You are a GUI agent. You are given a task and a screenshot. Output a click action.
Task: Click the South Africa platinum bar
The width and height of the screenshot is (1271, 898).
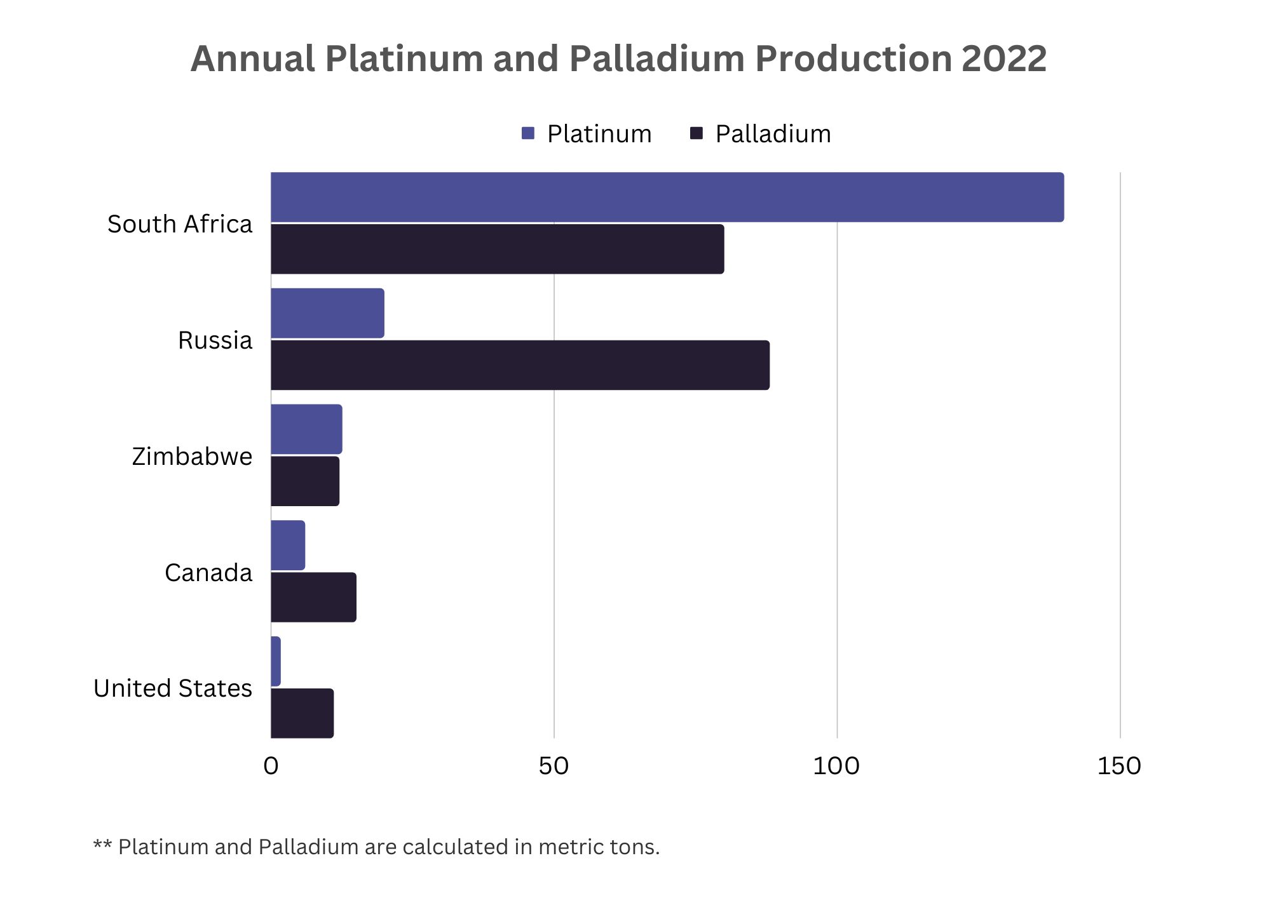(667, 197)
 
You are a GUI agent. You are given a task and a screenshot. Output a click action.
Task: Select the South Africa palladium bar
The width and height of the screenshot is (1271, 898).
(497, 249)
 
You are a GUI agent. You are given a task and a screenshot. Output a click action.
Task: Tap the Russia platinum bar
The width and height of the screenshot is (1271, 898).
(327, 313)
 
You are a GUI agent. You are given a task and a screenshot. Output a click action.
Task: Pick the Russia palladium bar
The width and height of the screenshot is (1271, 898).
(520, 365)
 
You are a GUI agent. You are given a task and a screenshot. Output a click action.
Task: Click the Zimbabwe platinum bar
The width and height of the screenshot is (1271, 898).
(306, 429)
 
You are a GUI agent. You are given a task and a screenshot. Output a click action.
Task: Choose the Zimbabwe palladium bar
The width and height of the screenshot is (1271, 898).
(305, 481)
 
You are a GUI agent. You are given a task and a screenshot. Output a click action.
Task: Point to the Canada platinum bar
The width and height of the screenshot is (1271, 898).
(288, 545)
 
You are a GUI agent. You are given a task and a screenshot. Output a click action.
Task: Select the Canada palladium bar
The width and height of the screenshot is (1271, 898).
(313, 597)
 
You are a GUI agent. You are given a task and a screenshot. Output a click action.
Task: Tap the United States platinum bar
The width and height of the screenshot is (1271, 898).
(276, 661)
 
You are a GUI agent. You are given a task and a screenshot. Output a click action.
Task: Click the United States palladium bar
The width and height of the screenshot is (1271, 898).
(302, 713)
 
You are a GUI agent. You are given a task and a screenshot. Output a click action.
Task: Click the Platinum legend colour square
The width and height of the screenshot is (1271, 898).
(528, 133)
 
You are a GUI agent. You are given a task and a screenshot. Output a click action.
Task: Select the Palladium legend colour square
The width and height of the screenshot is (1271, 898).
(697, 133)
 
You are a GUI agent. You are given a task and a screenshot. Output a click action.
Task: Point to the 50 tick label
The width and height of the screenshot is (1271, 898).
(554, 767)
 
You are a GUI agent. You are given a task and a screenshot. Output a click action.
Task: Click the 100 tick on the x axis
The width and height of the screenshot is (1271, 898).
(836, 767)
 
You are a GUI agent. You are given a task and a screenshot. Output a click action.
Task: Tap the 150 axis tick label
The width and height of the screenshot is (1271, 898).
(1119, 767)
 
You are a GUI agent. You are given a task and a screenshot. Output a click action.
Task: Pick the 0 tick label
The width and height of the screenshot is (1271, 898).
(271, 767)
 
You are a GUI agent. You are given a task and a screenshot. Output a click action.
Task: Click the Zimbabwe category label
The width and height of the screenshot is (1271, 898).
(192, 457)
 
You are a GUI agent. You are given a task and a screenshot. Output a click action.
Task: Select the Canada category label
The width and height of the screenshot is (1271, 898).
(208, 573)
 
